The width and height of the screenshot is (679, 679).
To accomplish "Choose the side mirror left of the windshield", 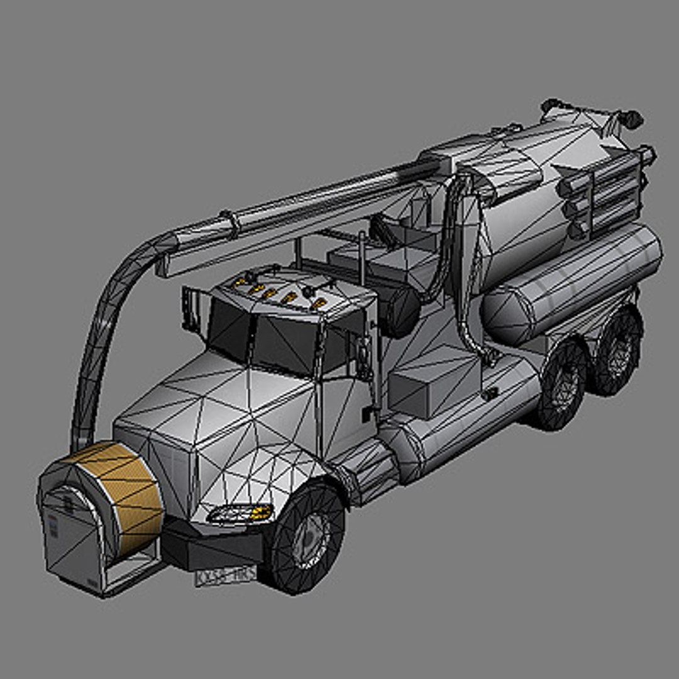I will click(187, 308).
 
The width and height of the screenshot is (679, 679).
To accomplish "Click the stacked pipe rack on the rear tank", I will click(604, 189).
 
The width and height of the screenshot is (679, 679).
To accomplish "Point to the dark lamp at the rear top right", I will click(631, 118).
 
